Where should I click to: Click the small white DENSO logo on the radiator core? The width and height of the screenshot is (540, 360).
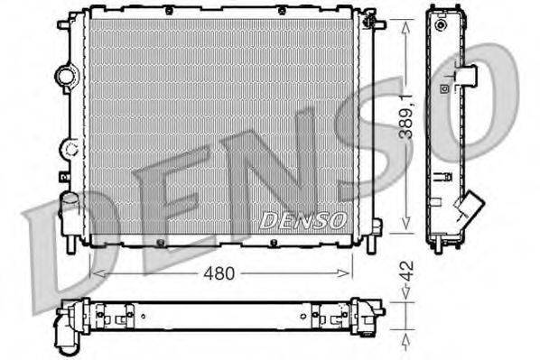point(303,219)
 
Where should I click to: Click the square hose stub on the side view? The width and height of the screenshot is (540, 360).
point(468,76)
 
